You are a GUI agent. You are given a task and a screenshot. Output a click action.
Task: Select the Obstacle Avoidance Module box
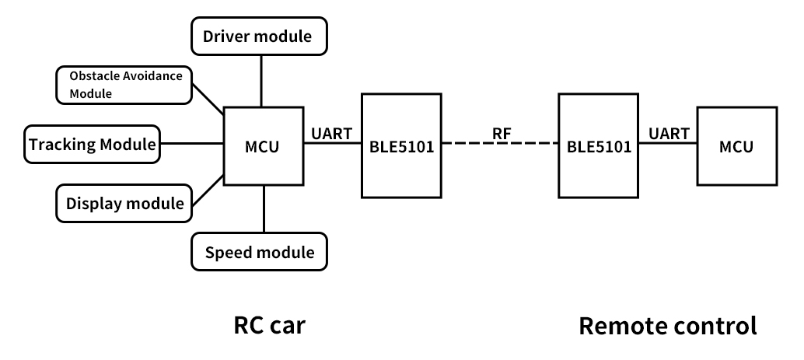tap(124, 85)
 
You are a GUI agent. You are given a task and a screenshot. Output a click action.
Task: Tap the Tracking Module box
tap(92, 144)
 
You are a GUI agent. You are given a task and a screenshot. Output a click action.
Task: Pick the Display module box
tap(124, 203)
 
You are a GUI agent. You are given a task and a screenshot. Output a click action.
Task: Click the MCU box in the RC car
tap(262, 145)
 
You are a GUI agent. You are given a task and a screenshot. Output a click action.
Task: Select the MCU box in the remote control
tap(736, 145)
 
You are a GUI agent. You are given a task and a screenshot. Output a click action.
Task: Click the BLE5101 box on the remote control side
tap(599, 145)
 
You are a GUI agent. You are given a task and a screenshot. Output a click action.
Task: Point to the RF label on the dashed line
tap(501, 133)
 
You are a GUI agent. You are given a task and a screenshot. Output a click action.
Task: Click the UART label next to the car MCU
tap(330, 133)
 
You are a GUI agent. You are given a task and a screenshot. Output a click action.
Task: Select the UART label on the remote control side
tap(668, 133)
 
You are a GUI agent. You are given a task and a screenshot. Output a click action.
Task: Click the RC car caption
tap(269, 324)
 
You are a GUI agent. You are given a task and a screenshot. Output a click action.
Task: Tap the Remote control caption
tap(667, 324)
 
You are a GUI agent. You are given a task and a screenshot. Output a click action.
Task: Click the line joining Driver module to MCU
tap(261, 81)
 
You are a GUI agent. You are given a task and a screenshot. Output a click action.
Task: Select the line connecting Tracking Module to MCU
tap(191, 144)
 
